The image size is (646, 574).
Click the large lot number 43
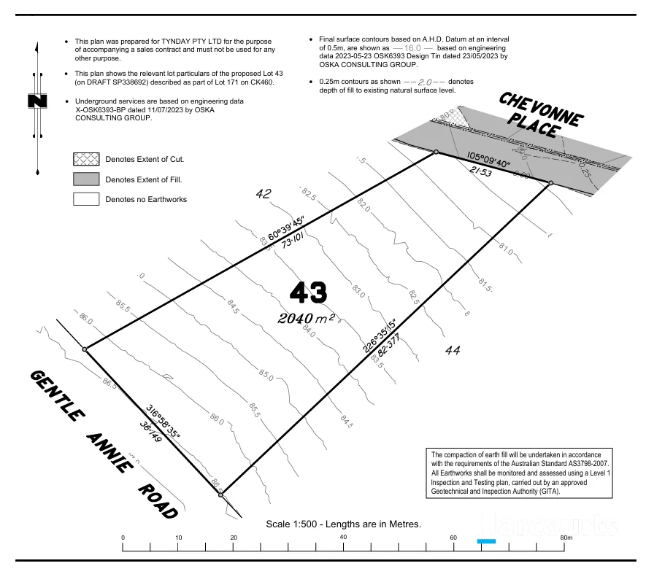[x=308, y=292]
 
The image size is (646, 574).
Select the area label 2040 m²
[x=306, y=319]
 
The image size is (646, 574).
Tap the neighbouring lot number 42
[x=264, y=193]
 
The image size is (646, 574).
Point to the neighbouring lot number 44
[x=453, y=351]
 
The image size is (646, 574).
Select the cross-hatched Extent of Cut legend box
[x=85, y=159]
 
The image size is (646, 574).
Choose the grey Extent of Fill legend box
[x=85, y=179]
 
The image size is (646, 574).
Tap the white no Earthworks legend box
[x=85, y=198]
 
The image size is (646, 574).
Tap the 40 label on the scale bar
[x=343, y=538]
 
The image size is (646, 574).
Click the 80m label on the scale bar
[x=566, y=538]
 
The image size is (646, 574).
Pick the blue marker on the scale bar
[x=486, y=541]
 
